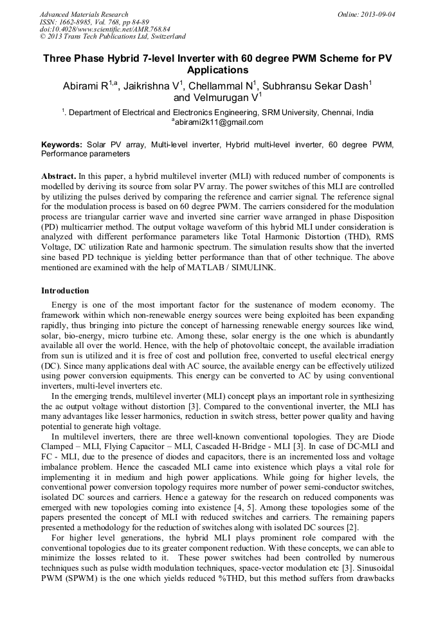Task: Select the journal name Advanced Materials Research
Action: (84, 14)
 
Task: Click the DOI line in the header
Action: (105, 29)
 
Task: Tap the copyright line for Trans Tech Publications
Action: (113, 37)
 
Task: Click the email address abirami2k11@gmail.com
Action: (218, 122)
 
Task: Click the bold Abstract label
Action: (59, 176)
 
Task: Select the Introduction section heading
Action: (65, 291)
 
